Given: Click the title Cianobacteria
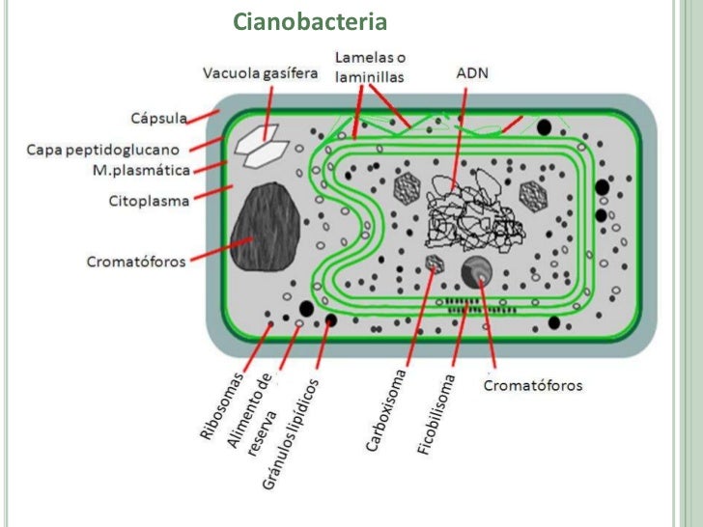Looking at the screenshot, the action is [x=310, y=21].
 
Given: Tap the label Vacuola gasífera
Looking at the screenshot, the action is [x=260, y=73].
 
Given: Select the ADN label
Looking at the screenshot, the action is [x=472, y=73].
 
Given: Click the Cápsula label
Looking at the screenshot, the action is [x=158, y=118].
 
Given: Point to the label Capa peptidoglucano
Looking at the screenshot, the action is [x=102, y=150].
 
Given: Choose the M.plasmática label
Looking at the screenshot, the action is [x=141, y=170].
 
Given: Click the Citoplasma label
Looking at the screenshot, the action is [x=149, y=201].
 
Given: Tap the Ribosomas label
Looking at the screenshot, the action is [x=222, y=405].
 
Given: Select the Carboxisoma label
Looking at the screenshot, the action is [x=385, y=410].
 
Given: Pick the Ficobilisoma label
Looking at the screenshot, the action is [x=436, y=414].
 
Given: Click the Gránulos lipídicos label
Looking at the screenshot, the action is [x=290, y=433].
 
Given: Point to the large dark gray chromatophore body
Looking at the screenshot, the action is [x=265, y=226].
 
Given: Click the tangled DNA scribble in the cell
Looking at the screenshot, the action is [x=473, y=210].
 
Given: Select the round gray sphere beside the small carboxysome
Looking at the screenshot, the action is [x=477, y=272].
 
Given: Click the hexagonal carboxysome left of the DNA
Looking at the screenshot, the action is [x=407, y=188].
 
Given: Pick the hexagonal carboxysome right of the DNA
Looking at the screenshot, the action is [x=533, y=196].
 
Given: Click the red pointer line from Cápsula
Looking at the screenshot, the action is [x=203, y=117].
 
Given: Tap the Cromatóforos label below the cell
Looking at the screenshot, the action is [x=533, y=385].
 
